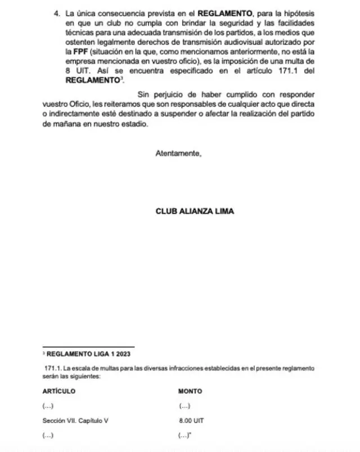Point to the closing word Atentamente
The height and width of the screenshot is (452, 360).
[x=178, y=153]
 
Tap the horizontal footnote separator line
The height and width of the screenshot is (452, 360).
[x=88, y=347]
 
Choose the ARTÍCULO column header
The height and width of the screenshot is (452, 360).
[x=58, y=391]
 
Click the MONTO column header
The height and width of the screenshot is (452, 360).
[x=190, y=391]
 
